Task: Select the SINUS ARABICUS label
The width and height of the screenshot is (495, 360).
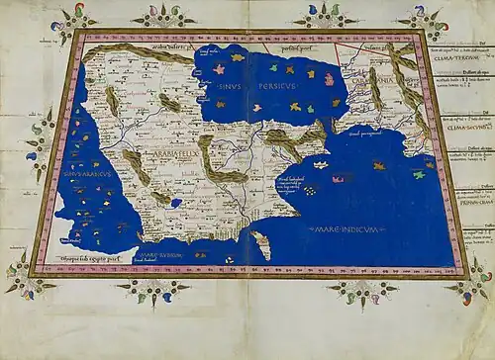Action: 84,174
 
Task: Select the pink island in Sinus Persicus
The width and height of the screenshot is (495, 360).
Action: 310,73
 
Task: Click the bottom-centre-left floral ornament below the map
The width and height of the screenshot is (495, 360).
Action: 152,288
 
